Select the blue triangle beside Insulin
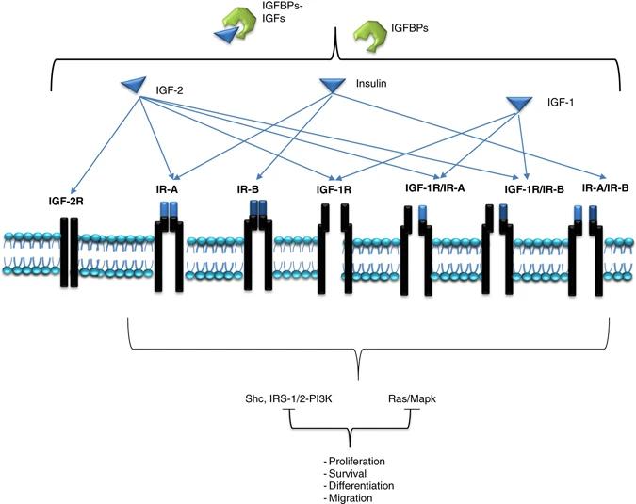(333, 86)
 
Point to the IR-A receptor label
(171, 191)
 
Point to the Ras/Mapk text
(414, 399)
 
